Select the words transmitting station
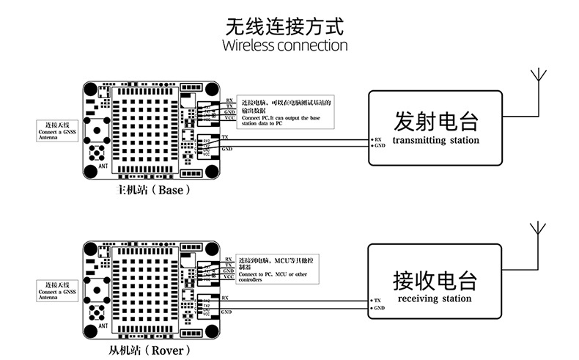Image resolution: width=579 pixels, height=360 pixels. coord(435,140)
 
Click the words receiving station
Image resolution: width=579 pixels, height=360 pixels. coord(435,299)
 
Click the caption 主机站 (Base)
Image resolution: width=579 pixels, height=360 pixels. coord(152,189)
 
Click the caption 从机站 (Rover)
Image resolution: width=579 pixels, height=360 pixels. coord(152,350)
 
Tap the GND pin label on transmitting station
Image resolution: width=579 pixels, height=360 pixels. coord(380,146)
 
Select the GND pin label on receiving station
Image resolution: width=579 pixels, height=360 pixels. coord(380,308)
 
